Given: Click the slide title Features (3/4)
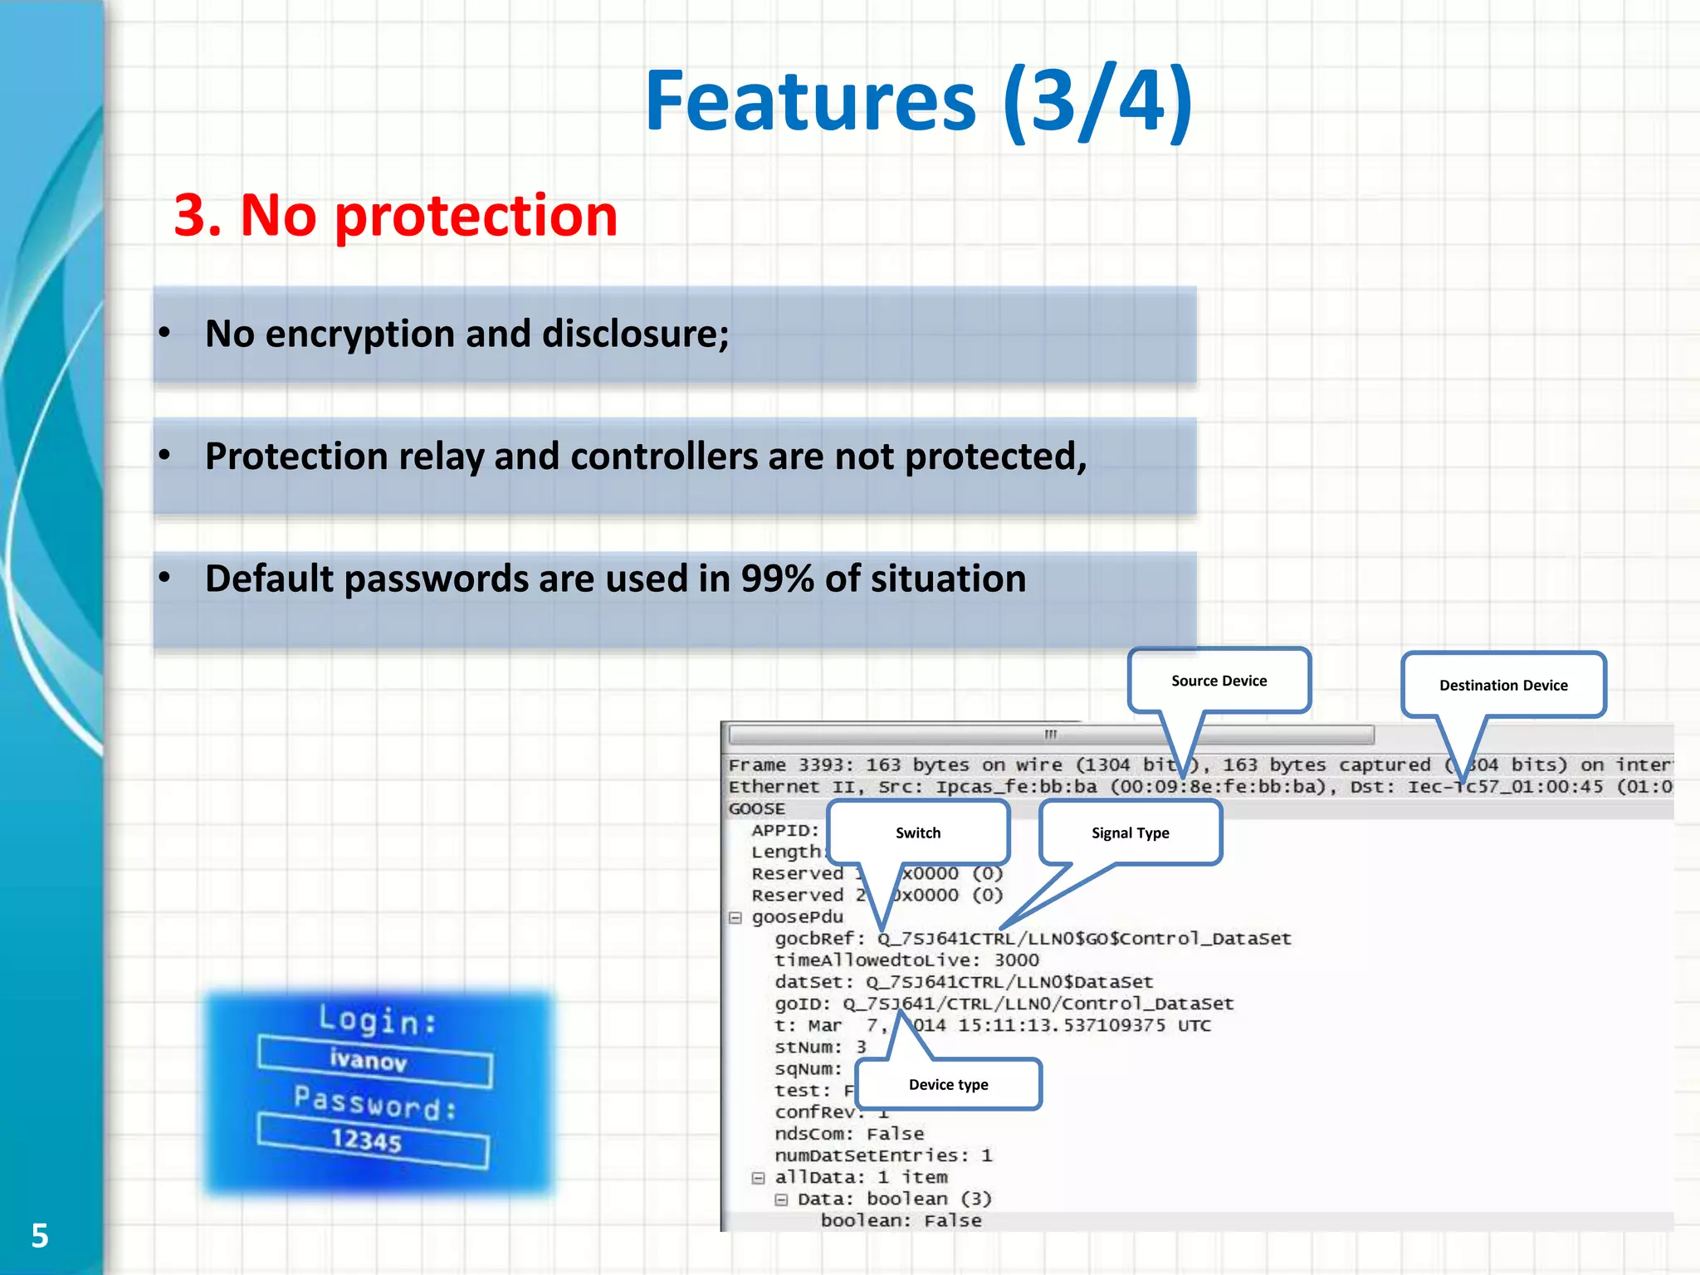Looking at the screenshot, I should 918,101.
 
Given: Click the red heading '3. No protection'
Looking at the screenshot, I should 395,216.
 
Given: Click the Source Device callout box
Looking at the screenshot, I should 1219,681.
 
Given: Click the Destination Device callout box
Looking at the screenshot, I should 1503,686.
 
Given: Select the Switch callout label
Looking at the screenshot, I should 918,833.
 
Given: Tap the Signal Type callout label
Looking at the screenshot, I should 1130,833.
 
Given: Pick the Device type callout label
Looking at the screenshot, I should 948,1084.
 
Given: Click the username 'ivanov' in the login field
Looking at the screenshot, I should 369,1060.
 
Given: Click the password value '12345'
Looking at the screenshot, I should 366,1140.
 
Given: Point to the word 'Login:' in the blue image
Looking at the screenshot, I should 378,1020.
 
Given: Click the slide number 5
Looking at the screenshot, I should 40,1235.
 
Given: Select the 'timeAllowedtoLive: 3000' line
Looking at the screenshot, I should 906,960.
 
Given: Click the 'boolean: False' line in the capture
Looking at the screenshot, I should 901,1220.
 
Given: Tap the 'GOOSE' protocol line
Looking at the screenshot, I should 756,808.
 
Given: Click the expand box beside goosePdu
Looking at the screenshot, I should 735,917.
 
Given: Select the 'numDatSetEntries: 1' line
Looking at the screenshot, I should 883,1155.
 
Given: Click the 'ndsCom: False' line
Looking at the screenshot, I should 848,1134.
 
